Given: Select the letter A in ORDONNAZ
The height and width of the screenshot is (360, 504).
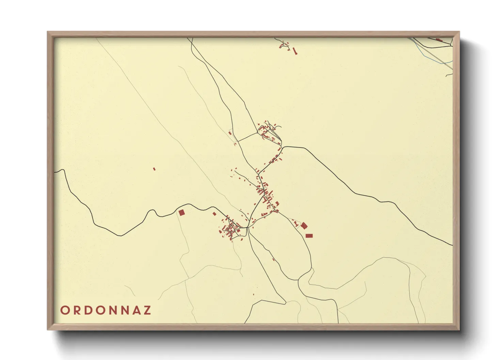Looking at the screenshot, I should pyautogui.click(x=136, y=310).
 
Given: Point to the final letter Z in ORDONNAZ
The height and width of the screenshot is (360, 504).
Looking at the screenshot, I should pyautogui.click(x=147, y=310).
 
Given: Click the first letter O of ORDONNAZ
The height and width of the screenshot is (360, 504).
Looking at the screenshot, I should pyautogui.click(x=64, y=310).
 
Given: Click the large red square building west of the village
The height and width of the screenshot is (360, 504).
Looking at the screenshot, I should pyautogui.click(x=182, y=213).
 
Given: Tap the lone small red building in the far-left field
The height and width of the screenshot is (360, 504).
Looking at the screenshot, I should pyautogui.click(x=154, y=168).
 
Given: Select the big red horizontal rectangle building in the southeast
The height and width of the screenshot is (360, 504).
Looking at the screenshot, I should pyautogui.click(x=309, y=236).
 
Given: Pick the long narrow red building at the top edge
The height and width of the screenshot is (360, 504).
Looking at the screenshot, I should pyautogui.click(x=295, y=51).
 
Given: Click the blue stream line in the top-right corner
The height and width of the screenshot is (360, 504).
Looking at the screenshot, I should pyautogui.click(x=422, y=51).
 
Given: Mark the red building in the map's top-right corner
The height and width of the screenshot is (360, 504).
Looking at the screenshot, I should pyautogui.click(x=439, y=40).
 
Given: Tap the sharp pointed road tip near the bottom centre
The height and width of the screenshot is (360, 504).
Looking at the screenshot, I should pyautogui.click(x=285, y=302).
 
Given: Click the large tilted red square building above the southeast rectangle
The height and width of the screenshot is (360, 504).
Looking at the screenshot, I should pyautogui.click(x=304, y=226).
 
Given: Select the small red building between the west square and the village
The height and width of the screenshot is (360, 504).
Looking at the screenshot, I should pyautogui.click(x=214, y=214).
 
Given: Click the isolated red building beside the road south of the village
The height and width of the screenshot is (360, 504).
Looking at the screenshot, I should pyautogui.click(x=273, y=260).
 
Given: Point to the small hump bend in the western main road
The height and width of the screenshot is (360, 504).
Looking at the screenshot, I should pyautogui.click(x=153, y=211).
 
